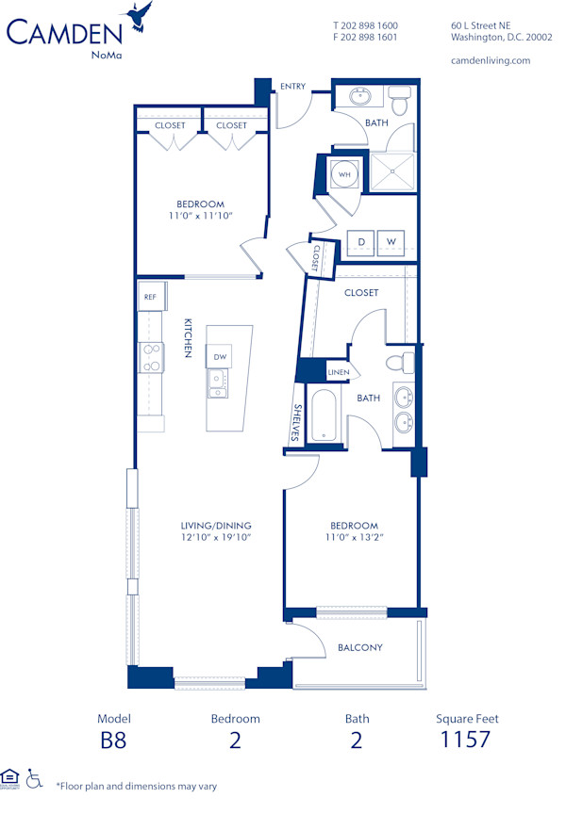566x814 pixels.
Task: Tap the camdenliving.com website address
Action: [x=491, y=60]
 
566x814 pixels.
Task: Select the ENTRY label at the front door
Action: [x=292, y=87]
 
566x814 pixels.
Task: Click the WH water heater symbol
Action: [x=344, y=174]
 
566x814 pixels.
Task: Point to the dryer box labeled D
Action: [x=360, y=242]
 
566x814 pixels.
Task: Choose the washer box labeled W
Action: [x=391, y=242]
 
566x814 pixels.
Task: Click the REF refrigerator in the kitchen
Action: [x=150, y=296]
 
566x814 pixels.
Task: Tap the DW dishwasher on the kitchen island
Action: [x=220, y=356]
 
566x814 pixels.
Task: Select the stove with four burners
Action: [x=150, y=357]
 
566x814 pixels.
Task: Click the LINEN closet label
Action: [x=338, y=372]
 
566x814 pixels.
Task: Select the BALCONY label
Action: [x=360, y=647]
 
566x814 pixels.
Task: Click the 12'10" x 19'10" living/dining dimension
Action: [x=216, y=538]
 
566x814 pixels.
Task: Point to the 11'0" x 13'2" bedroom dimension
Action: [x=355, y=538]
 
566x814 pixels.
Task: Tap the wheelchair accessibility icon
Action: [x=35, y=778]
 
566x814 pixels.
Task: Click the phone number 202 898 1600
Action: [x=365, y=25]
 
